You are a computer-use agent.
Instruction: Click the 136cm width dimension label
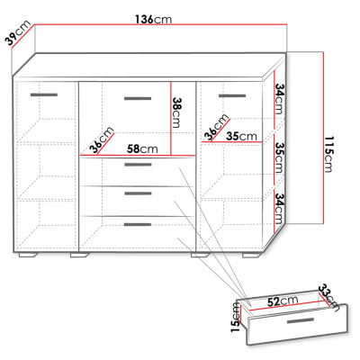pyautogui.click(x=154, y=20)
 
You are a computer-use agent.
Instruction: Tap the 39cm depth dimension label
pyautogui.click(x=19, y=33)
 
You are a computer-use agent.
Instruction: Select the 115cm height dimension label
pyautogui.click(x=328, y=154)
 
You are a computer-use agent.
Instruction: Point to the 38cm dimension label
pyautogui.click(x=177, y=112)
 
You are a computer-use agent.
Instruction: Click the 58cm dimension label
pyautogui.click(x=142, y=148)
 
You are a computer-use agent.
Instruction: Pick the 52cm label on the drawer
pyautogui.click(x=283, y=301)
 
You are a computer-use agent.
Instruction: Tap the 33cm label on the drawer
pyautogui.click(x=329, y=298)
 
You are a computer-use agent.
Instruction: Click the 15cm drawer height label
pyautogui.click(x=236, y=318)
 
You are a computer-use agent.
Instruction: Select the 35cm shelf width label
pyautogui.click(x=241, y=136)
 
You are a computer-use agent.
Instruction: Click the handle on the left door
pyautogui.click(x=44, y=95)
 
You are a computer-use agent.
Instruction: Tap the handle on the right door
pyautogui.click(x=232, y=96)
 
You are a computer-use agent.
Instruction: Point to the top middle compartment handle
pyautogui.click(x=138, y=98)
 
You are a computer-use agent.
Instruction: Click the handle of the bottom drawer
pyautogui.click(x=138, y=225)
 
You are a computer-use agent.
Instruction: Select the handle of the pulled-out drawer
pyautogui.click(x=301, y=321)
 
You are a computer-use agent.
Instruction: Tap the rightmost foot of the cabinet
pyautogui.click(x=251, y=256)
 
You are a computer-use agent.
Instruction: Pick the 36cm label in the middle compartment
pyautogui.click(x=102, y=139)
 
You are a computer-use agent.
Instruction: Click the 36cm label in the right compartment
pyautogui.click(x=216, y=127)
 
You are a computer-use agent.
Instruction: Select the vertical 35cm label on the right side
pyautogui.click(x=279, y=157)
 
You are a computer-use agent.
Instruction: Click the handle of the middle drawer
pyautogui.click(x=138, y=193)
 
